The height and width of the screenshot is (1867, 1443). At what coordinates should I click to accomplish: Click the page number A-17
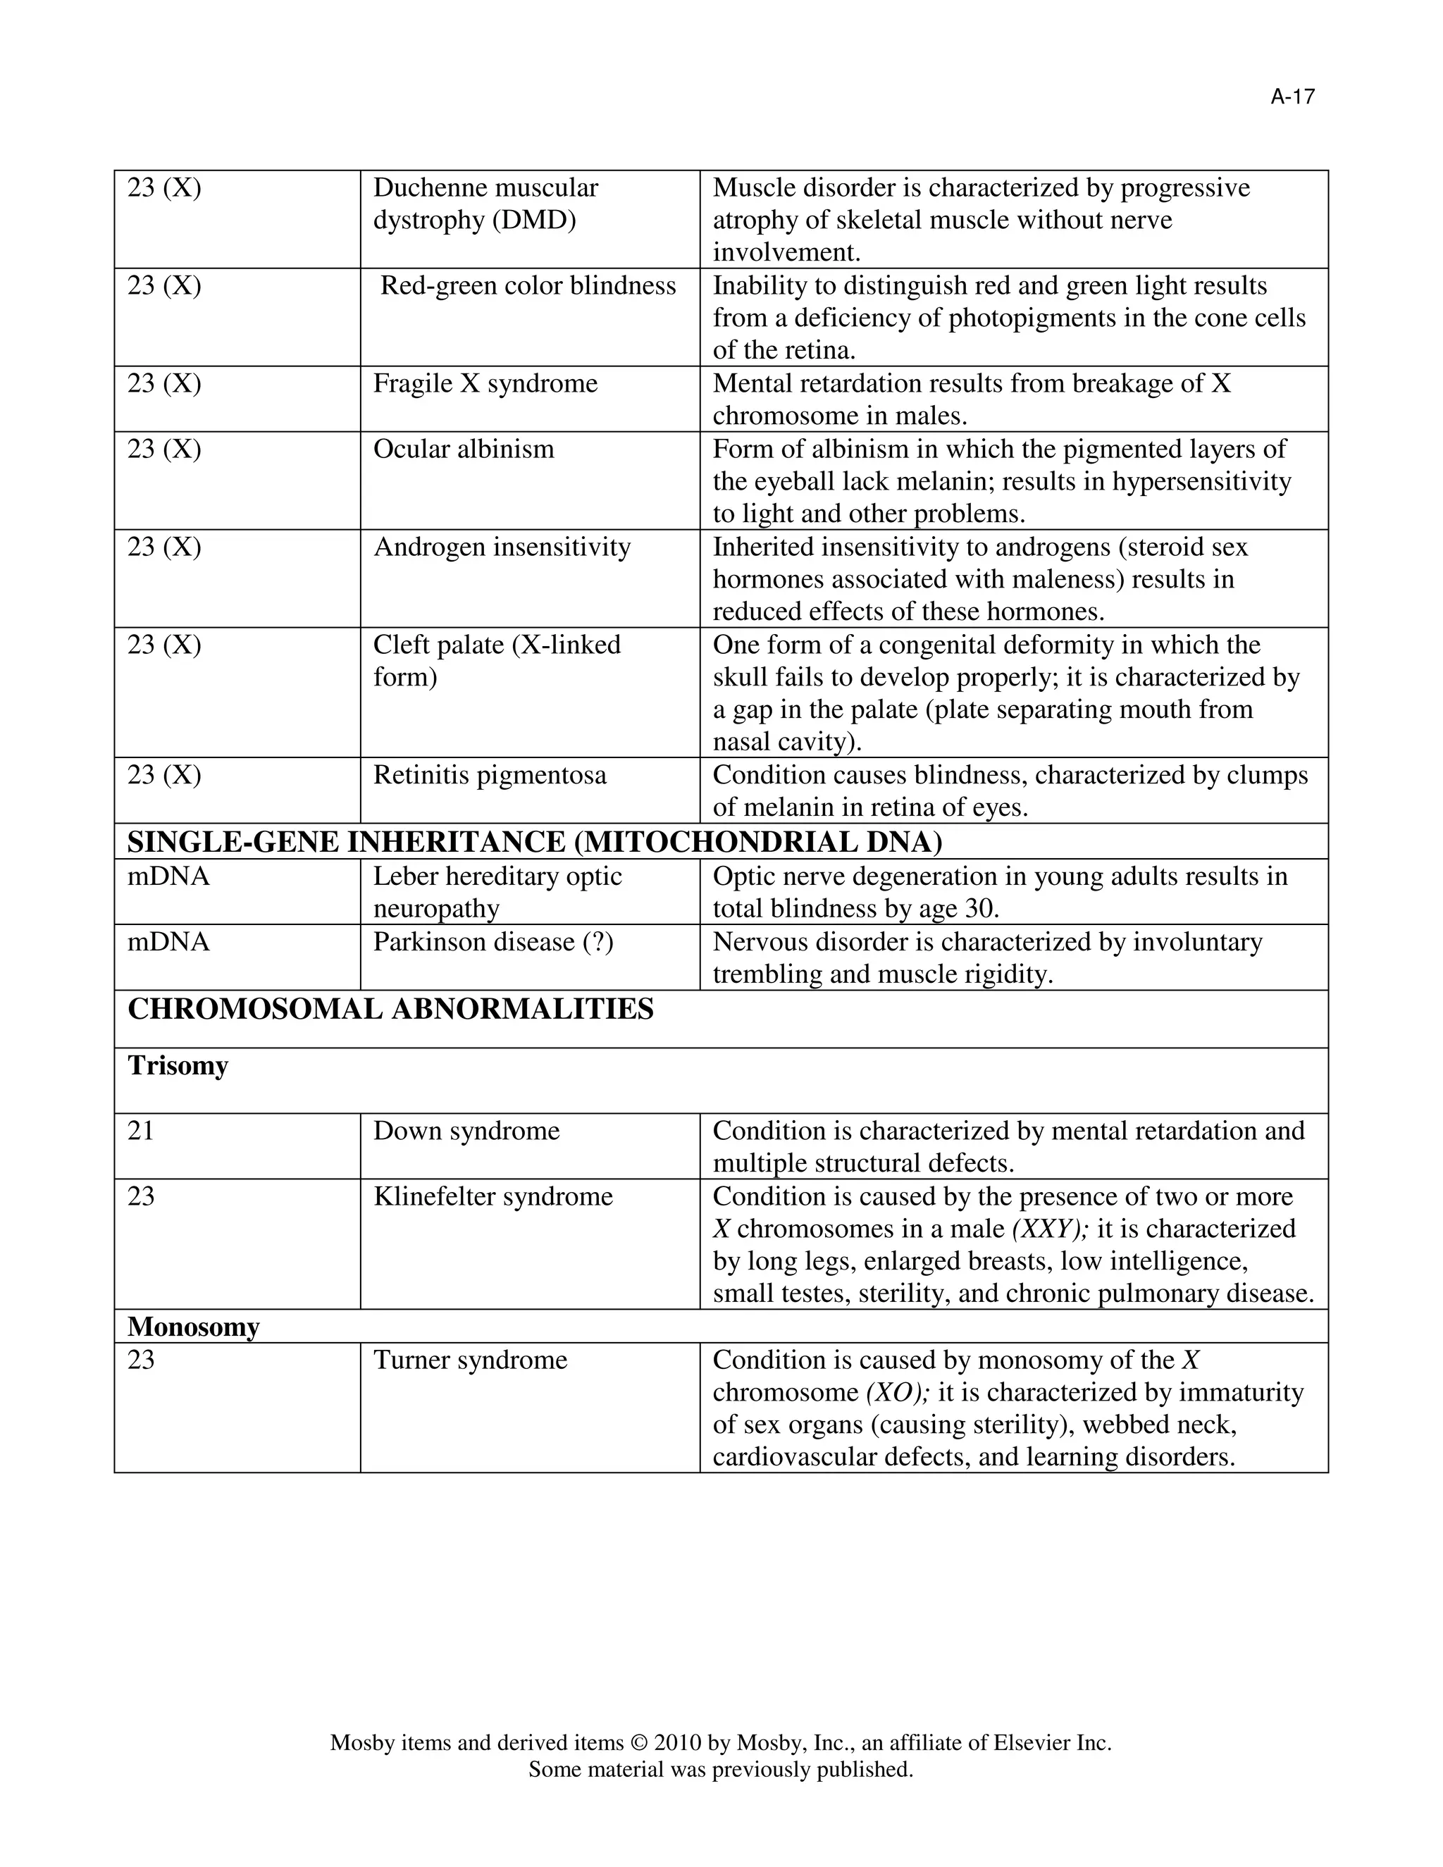[1292, 97]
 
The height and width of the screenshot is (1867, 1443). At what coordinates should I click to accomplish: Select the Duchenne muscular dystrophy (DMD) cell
[485, 204]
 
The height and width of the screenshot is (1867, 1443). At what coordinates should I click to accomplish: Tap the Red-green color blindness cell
[528, 285]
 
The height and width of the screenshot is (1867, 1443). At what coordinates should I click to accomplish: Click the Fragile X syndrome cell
[485, 383]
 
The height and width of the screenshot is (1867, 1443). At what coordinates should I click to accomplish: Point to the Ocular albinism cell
[464, 449]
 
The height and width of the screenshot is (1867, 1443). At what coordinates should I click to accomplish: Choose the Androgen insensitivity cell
[502, 547]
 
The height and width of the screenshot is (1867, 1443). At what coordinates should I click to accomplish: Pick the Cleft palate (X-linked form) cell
[497, 661]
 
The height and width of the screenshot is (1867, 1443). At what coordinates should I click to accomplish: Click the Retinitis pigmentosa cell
[490, 776]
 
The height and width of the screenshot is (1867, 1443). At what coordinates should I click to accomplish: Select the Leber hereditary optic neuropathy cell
[497, 892]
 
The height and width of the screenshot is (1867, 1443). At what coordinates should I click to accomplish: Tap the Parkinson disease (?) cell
[493, 942]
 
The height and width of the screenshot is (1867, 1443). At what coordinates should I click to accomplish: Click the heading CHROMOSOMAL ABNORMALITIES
[390, 1010]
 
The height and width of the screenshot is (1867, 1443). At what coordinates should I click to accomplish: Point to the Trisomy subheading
[178, 1066]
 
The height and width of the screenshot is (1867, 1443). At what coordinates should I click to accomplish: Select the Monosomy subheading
[193, 1327]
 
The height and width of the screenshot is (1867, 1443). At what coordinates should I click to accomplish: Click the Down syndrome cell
[466, 1131]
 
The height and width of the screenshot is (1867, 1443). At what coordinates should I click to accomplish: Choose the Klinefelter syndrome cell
[493, 1197]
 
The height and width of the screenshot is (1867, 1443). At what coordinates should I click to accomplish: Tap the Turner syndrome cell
[470, 1360]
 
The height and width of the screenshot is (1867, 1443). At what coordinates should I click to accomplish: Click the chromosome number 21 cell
[141, 1131]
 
